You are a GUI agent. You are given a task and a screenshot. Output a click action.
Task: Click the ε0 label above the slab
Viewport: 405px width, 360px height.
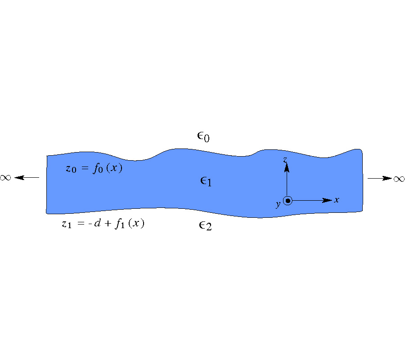click(203, 137)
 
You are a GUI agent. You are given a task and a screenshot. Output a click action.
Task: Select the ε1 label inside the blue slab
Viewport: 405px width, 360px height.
click(206, 181)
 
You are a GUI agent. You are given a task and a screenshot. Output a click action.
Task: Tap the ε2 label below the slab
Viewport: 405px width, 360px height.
click(205, 226)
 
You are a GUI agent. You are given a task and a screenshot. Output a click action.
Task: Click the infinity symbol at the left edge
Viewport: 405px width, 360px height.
click(5, 178)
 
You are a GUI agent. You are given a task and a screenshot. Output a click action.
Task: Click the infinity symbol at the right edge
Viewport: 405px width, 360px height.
click(399, 179)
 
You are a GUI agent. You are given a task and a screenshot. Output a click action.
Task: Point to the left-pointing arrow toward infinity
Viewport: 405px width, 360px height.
click(27, 178)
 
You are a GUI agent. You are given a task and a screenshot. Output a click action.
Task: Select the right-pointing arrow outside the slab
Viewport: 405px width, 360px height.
click(380, 178)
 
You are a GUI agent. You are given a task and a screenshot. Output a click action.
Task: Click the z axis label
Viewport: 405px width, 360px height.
click(285, 160)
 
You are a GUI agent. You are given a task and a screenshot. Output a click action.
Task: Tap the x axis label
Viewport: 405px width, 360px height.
click(336, 200)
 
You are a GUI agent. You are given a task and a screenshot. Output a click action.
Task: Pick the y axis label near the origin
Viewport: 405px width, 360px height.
click(278, 204)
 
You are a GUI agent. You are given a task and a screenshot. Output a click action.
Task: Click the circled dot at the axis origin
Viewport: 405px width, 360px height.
click(288, 201)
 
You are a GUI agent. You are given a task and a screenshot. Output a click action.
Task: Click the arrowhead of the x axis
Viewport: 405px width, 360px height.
click(327, 200)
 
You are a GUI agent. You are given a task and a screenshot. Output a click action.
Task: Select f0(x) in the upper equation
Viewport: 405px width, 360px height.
click(108, 168)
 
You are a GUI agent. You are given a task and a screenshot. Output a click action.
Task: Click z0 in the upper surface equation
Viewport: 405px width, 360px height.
click(71, 169)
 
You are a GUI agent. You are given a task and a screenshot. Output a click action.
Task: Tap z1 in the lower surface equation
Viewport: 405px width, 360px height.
click(67, 224)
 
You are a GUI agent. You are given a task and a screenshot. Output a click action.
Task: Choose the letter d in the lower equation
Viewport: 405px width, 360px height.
click(97, 223)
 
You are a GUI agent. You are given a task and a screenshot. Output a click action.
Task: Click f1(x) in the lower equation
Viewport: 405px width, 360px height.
click(130, 223)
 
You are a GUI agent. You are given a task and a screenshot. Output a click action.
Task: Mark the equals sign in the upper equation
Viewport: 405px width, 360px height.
click(85, 168)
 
